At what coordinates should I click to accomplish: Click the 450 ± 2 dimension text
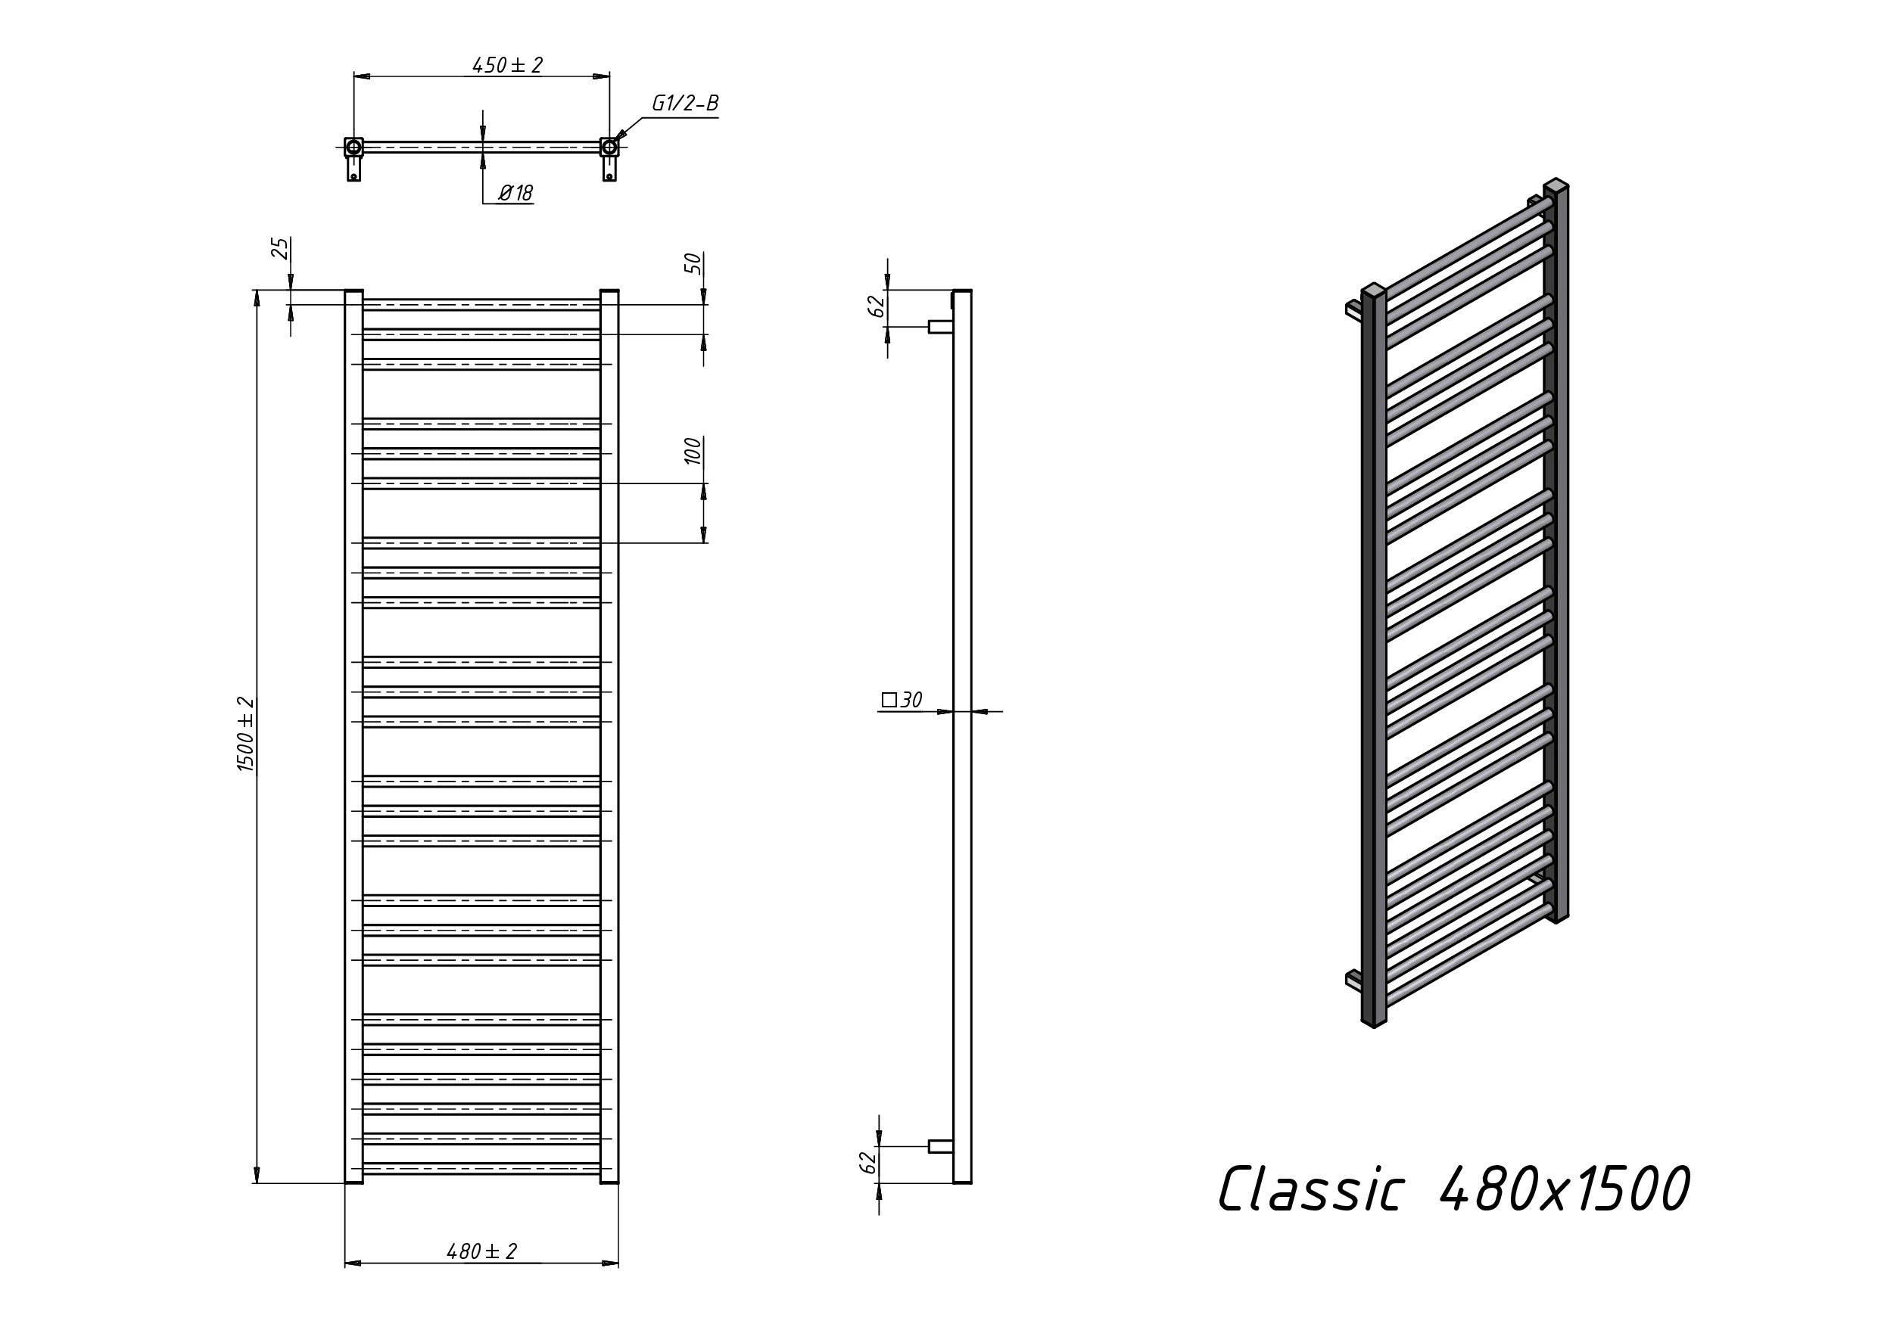tap(507, 65)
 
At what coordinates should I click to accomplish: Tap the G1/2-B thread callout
tap(684, 104)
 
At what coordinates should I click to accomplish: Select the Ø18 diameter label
tap(515, 193)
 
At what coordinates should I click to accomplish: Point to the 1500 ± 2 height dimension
tap(245, 734)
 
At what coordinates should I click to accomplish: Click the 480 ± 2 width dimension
tap(481, 1251)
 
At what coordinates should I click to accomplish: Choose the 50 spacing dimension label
tap(693, 263)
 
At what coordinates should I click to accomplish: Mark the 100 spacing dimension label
tap(693, 452)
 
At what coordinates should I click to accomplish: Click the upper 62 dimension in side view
tap(876, 306)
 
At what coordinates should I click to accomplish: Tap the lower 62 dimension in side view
tap(867, 1162)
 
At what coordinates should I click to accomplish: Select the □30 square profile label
tap(902, 700)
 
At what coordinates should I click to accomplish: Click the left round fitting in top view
tap(353, 148)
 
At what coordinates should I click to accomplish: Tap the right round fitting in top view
tap(609, 148)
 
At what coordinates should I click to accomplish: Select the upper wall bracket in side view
tap(940, 327)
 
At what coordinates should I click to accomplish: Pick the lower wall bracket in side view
tap(940, 1146)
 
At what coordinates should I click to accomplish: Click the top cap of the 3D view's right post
tap(1556, 185)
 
